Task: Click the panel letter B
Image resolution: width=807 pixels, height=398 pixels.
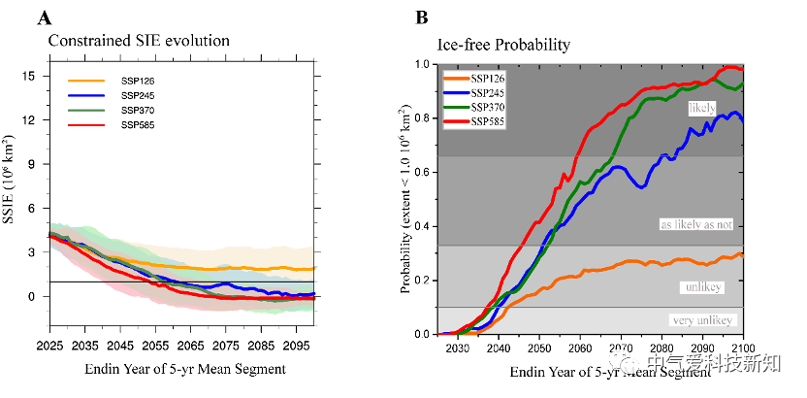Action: point(422,18)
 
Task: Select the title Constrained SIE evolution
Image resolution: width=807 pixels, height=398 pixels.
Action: point(140,41)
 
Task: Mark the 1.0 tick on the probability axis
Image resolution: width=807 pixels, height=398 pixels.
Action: point(423,64)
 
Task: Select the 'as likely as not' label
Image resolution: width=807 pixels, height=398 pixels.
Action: point(697,224)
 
